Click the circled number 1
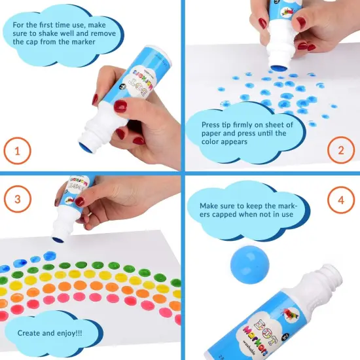click(18, 153)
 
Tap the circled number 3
click(18, 199)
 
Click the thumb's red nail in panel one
click(120, 106)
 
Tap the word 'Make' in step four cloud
click(212, 205)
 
